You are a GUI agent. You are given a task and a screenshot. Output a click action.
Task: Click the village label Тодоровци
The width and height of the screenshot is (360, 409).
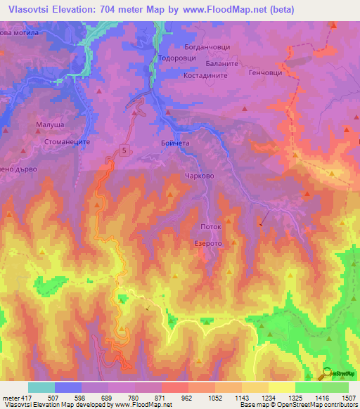pyautogui.click(x=179, y=58)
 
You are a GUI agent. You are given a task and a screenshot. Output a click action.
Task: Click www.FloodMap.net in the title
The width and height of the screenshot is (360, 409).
pyautogui.click(x=219, y=9)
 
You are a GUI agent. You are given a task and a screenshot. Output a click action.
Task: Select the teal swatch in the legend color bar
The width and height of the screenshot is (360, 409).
pyautogui.click(x=41, y=387)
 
